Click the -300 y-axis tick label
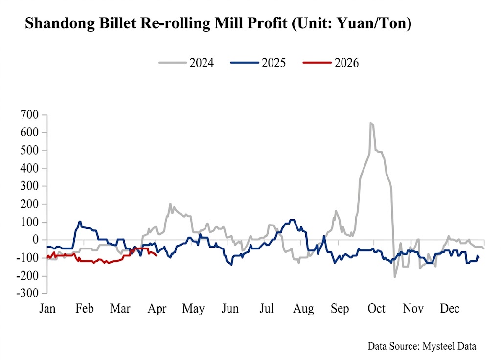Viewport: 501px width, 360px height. tap(28, 294)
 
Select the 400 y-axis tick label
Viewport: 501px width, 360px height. tap(30, 169)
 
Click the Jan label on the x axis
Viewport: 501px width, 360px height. tap(47, 309)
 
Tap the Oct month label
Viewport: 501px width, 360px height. tap(377, 309)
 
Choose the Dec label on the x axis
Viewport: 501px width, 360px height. tap(450, 309)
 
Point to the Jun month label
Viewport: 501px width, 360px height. tap(230, 309)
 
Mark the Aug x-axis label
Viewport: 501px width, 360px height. tap(303, 309)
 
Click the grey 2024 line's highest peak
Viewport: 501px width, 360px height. tap(371, 123)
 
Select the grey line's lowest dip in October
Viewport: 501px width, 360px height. tap(395, 277)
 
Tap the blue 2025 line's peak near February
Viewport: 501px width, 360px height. tap(80, 222)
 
